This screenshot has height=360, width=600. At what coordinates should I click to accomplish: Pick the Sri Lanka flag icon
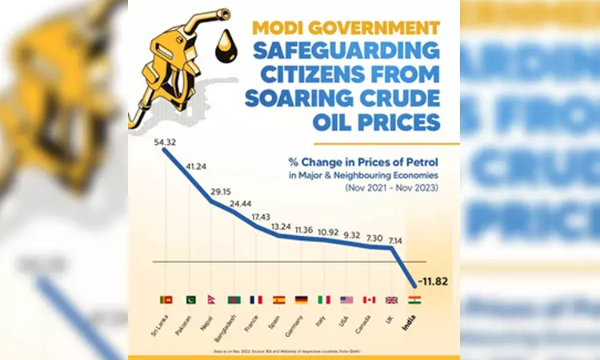tap(166, 300)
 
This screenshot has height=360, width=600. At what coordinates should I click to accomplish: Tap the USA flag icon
tap(346, 300)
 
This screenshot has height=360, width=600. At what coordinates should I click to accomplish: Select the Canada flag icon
tap(369, 300)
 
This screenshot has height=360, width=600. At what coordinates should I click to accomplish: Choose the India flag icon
tap(414, 300)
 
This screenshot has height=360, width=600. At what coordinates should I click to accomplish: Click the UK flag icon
tap(391, 300)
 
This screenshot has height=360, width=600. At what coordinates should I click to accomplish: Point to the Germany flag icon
tap(302, 300)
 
